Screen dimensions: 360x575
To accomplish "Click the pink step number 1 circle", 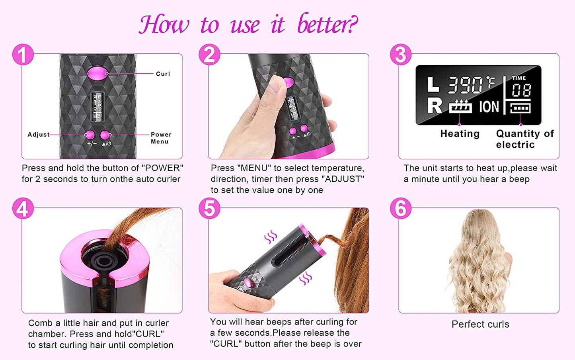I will point(23,55).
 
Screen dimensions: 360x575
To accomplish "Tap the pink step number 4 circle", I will point(23,209).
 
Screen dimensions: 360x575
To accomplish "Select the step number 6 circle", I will point(401,209).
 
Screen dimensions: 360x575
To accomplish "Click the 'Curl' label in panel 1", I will point(163,74).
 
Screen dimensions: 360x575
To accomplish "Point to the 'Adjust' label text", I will point(38,135).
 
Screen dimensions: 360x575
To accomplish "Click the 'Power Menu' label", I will point(160,138).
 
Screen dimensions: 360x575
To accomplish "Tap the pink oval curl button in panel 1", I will point(97,73).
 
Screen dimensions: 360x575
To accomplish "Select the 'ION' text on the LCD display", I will point(489,107).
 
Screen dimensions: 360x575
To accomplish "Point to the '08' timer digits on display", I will point(521,90).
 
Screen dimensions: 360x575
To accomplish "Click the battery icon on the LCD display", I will point(520,108).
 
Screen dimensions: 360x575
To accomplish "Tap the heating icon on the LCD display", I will point(460,107).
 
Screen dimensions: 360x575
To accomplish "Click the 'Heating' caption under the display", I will point(460,134).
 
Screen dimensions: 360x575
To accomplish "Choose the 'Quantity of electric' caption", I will point(524,139).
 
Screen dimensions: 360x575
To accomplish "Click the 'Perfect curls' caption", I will point(480,324).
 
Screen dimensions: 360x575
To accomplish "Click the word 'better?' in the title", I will point(327,25).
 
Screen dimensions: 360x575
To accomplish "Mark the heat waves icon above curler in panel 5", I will point(271,237).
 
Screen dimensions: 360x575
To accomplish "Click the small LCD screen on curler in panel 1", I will point(97,107).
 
